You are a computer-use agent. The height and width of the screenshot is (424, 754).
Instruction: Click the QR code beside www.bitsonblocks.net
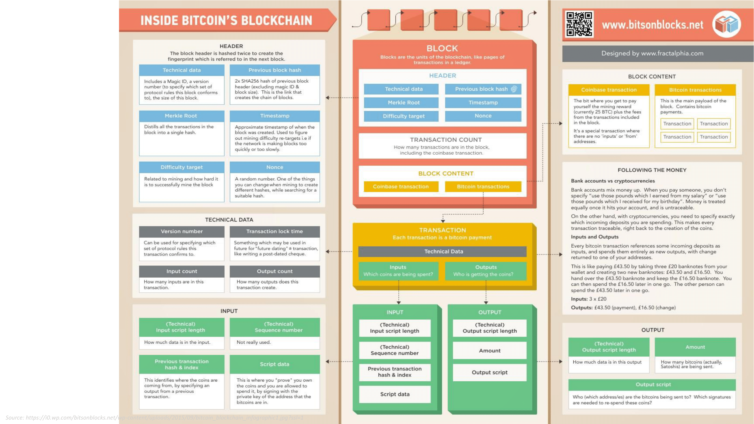tap(579, 24)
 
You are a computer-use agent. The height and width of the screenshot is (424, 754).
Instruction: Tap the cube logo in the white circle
tap(727, 24)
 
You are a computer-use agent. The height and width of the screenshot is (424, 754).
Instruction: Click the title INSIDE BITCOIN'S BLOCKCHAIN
tap(226, 20)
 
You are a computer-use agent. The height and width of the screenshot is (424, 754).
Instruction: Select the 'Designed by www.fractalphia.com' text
tap(652, 53)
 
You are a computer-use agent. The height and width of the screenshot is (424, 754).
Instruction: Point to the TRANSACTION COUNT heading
tap(446, 140)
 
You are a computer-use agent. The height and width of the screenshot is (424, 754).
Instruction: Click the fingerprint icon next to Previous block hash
tap(514, 89)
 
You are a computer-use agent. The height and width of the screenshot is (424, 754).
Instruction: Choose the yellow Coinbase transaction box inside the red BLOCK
tap(401, 187)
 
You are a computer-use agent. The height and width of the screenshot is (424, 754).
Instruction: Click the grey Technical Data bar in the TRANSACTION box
tap(444, 251)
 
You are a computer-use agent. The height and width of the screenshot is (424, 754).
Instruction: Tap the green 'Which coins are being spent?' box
tap(398, 271)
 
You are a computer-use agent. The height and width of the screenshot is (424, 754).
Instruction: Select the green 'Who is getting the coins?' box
tap(486, 271)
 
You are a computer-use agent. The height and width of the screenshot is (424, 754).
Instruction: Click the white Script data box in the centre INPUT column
tap(395, 394)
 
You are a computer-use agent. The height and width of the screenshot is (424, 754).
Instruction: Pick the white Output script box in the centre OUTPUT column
tap(489, 373)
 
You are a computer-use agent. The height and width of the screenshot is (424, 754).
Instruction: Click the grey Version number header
tap(182, 232)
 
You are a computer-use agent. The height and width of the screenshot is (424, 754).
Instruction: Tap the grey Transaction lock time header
tap(274, 232)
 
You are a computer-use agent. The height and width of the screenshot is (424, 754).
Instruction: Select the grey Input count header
tap(182, 271)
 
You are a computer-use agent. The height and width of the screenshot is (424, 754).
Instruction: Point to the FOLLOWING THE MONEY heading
tap(652, 170)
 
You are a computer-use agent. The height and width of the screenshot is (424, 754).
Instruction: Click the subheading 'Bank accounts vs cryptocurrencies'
tap(613, 181)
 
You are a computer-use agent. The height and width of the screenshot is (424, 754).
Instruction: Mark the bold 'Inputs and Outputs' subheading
tap(595, 237)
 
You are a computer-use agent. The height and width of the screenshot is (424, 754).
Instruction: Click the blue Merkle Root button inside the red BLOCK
tap(403, 103)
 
